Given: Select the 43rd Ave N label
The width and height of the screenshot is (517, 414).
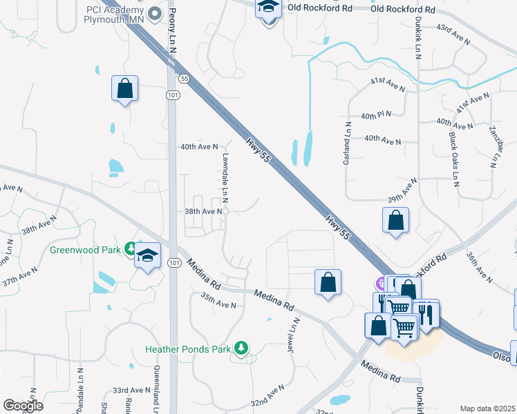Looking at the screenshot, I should [453, 37].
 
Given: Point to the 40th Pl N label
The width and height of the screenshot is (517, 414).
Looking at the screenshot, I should [375, 115].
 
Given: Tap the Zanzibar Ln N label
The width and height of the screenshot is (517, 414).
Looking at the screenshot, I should [493, 146].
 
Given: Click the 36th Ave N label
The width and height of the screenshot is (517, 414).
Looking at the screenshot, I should [479, 268].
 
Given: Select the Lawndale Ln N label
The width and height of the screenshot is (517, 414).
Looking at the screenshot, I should [225, 181].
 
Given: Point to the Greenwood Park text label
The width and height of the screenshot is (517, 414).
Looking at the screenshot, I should [85, 248].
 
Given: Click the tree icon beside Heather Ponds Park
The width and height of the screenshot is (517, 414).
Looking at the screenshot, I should [241, 348].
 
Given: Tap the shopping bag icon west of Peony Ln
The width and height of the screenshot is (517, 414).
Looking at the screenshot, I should [124, 88].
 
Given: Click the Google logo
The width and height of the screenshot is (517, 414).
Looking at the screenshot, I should [23, 406].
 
